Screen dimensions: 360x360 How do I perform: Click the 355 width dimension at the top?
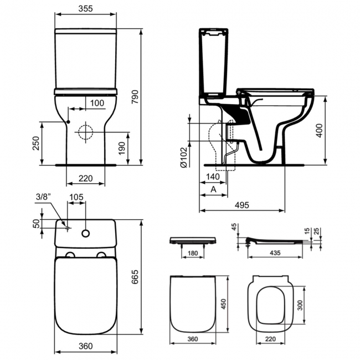[x=86, y=9]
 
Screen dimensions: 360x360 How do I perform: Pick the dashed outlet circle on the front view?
[x=85, y=132]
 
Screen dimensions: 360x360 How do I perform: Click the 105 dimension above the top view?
[x=76, y=197]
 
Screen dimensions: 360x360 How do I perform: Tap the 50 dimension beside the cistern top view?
[x=37, y=223]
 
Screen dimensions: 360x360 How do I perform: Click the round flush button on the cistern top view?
[x=86, y=233]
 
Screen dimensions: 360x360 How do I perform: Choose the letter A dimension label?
[x=213, y=189]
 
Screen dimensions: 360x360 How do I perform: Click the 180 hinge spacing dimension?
[x=192, y=254]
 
